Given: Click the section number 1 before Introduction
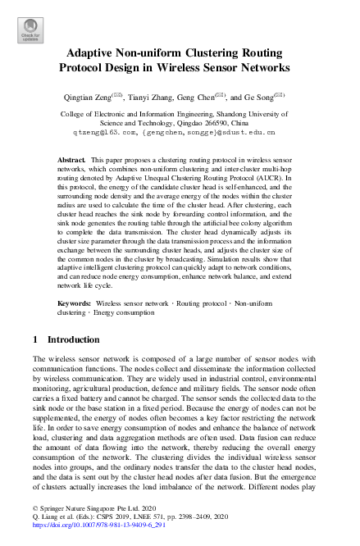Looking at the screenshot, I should point(34,339).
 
